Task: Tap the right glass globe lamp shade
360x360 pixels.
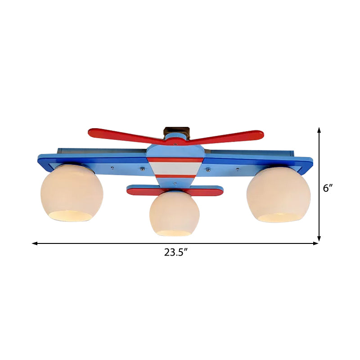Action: click(x=278, y=193)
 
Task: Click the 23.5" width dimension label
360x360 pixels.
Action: click(x=175, y=252)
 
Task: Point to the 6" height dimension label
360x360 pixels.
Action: click(x=328, y=188)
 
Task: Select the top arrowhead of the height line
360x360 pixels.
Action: click(x=319, y=130)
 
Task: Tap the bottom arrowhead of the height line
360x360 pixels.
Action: click(x=319, y=239)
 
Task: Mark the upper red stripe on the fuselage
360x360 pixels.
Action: click(x=175, y=159)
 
